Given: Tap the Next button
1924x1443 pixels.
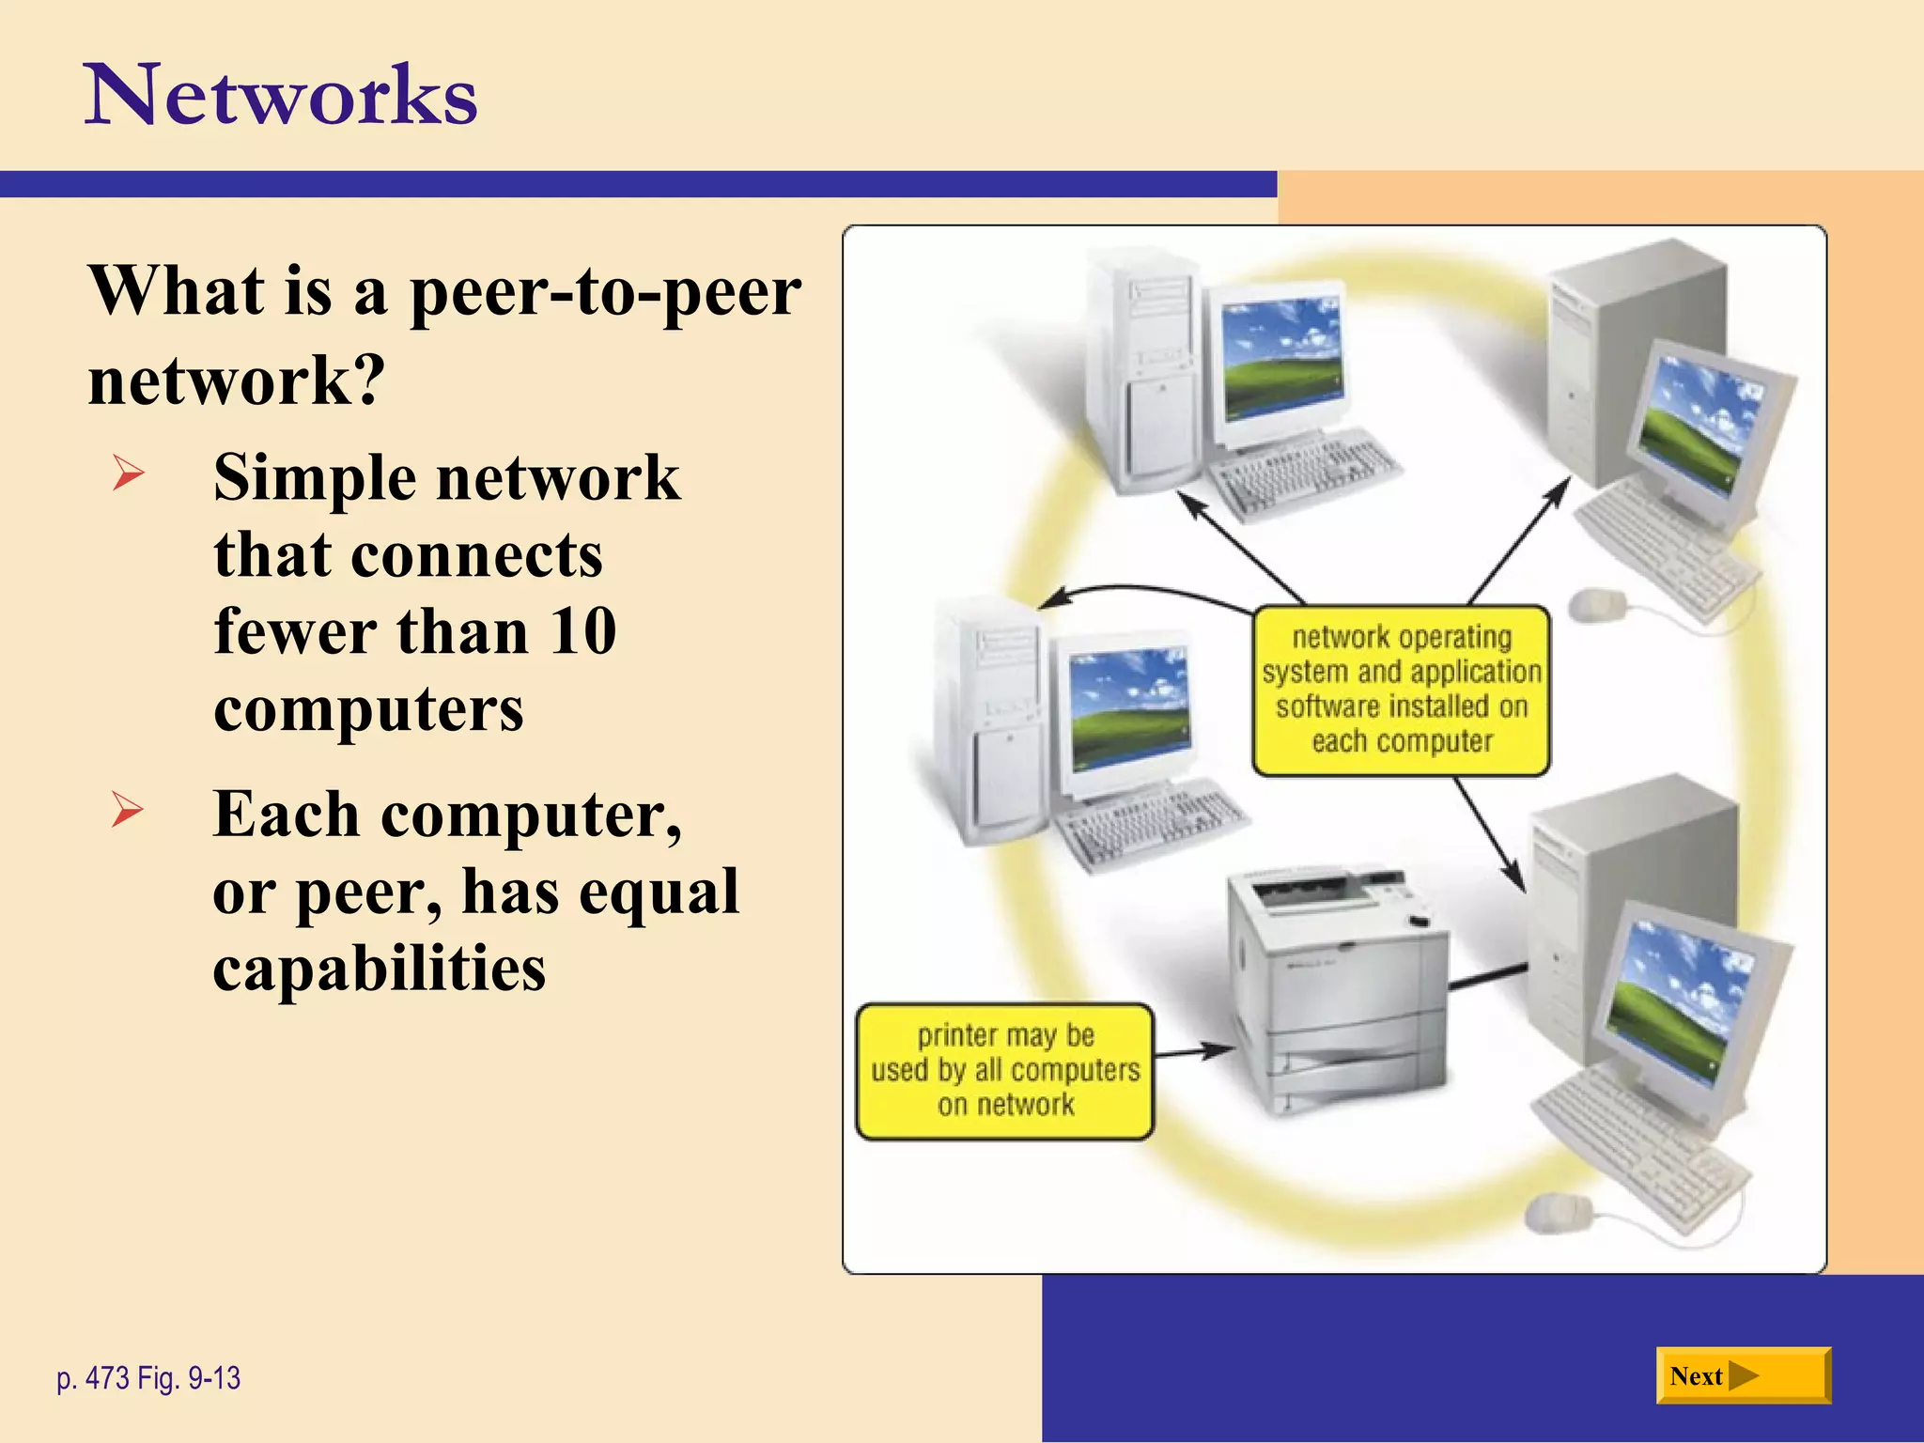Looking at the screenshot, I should point(1743,1375).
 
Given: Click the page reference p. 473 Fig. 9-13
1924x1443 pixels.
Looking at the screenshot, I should point(148,1378).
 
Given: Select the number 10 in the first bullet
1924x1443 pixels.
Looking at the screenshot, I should point(582,631).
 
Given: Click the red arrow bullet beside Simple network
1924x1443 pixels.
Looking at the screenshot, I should point(128,473).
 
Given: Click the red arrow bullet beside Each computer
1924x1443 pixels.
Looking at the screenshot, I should point(128,809).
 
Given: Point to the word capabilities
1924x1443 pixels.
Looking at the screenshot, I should point(379,969).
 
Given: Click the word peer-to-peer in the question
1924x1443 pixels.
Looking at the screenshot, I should point(605,291).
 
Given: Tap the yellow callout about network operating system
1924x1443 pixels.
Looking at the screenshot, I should point(1401,690).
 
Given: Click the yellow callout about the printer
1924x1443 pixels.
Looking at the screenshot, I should point(1004,1071).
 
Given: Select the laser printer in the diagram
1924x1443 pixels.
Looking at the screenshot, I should point(1339,986).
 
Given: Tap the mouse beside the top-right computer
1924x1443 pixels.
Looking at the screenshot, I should point(1597,603).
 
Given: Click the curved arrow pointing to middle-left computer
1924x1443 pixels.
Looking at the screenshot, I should point(1146,592).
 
